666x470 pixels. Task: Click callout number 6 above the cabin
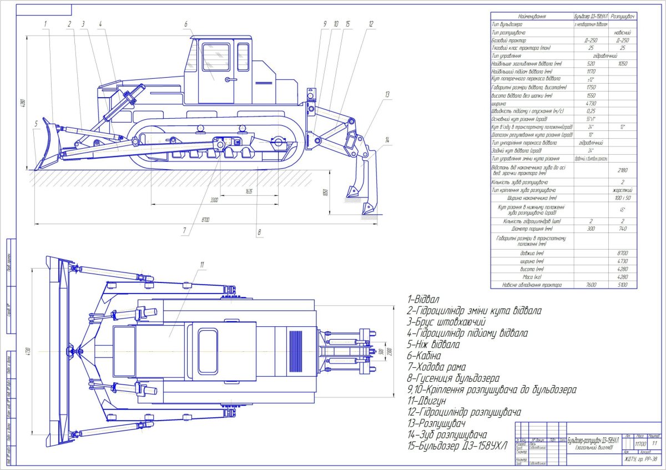click(186, 24)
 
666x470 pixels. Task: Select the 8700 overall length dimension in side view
click(205, 220)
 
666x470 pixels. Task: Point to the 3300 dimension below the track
click(214, 200)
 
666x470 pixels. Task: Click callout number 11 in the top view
click(203, 264)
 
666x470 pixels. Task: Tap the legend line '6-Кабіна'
click(424, 355)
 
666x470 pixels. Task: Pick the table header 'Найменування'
click(532, 17)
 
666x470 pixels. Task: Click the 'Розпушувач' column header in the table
click(623, 17)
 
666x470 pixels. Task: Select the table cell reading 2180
click(623, 170)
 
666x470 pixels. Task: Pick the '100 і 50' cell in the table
click(623, 197)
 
